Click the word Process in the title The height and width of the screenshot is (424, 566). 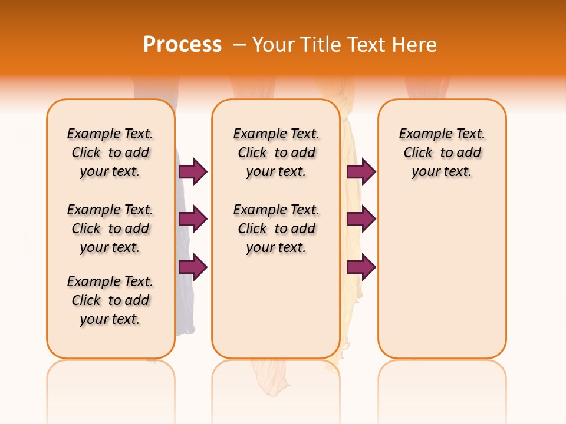pyautogui.click(x=182, y=44)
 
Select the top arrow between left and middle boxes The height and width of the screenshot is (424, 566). pyautogui.click(x=193, y=171)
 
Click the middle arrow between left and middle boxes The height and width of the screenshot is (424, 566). pyautogui.click(x=193, y=219)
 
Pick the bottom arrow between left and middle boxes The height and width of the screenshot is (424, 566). pyautogui.click(x=193, y=267)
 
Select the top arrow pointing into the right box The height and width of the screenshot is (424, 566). pyautogui.click(x=361, y=171)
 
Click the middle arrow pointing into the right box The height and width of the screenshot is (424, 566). pyautogui.click(x=361, y=219)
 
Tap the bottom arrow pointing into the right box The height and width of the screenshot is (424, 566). pyautogui.click(x=361, y=267)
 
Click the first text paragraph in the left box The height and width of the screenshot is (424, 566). pyautogui.click(x=110, y=153)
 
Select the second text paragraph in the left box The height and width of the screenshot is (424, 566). pyautogui.click(x=110, y=228)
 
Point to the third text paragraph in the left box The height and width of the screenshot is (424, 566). pyautogui.click(x=110, y=300)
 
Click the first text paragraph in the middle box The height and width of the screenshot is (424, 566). pyautogui.click(x=276, y=153)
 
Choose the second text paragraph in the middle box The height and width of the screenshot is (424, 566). pyautogui.click(x=276, y=228)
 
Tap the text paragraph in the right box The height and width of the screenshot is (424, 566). pyautogui.click(x=442, y=153)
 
